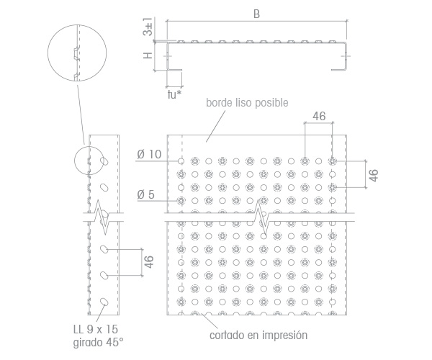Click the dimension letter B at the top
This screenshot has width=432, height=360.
(x=256, y=14)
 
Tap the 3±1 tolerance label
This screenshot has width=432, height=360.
(x=148, y=27)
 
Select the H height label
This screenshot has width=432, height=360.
(x=148, y=55)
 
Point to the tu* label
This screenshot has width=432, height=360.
(x=174, y=94)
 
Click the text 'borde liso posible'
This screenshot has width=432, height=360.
(x=247, y=103)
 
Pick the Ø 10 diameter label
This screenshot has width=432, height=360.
(x=149, y=154)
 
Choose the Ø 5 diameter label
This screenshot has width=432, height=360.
(x=145, y=194)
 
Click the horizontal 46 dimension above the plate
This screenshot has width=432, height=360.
(x=319, y=116)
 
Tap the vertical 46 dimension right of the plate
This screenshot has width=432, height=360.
(x=373, y=175)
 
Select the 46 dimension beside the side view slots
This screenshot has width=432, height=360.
(x=148, y=261)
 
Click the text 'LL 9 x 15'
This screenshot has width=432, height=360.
(x=96, y=329)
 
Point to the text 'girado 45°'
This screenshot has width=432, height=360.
(x=99, y=343)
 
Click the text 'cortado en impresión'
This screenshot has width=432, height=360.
(x=258, y=336)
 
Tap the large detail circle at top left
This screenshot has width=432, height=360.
(x=48, y=53)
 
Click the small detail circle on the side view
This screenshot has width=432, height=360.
(x=74, y=161)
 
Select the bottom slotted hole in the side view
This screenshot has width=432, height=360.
(x=104, y=302)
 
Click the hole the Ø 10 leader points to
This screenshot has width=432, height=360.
(x=181, y=161)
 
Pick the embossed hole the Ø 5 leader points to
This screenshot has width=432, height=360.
(x=181, y=201)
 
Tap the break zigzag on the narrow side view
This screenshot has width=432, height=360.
(x=102, y=217)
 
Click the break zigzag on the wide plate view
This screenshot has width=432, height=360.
(x=261, y=217)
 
